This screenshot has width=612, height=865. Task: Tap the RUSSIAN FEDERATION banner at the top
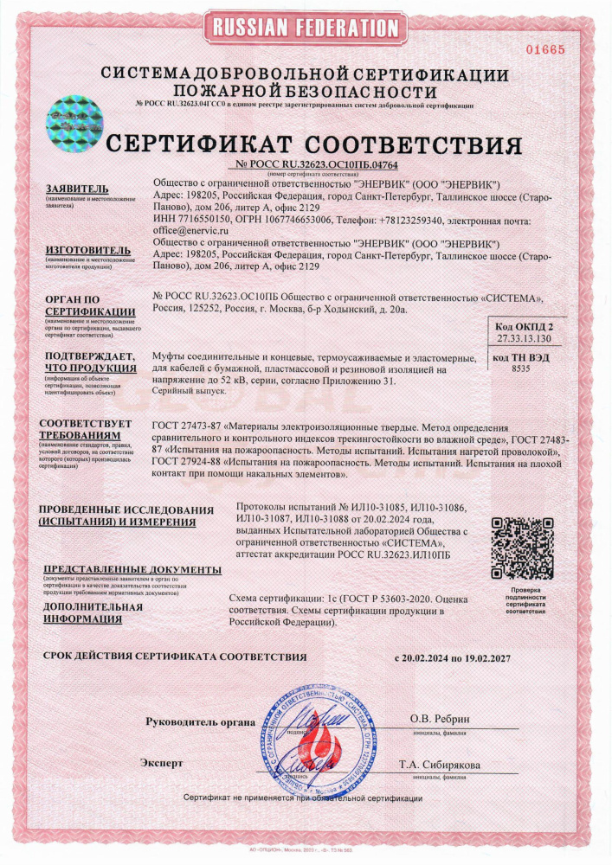(x=305, y=27)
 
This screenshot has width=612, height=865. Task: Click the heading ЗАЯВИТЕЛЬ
(x=76, y=188)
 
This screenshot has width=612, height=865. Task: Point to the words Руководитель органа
(x=200, y=721)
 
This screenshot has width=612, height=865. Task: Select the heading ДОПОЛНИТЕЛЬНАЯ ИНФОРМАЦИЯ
(x=92, y=612)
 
